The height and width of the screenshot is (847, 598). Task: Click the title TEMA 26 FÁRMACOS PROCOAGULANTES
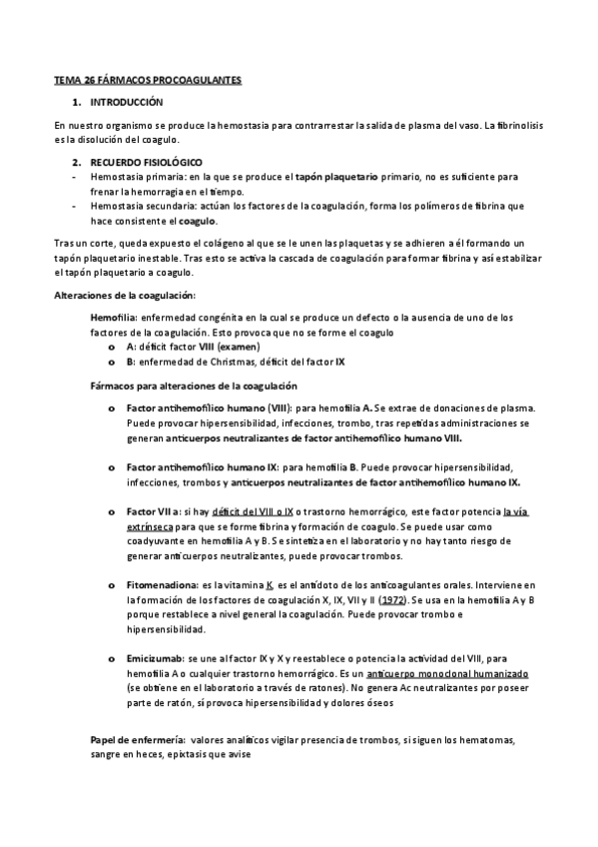(x=147, y=79)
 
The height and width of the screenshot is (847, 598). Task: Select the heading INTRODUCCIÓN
(x=126, y=103)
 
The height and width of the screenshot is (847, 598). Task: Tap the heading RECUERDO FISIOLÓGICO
(x=146, y=161)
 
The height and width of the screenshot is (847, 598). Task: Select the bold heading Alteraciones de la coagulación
(x=124, y=295)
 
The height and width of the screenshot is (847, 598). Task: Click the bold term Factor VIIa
(x=151, y=511)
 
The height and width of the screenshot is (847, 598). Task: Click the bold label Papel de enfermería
(x=137, y=738)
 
